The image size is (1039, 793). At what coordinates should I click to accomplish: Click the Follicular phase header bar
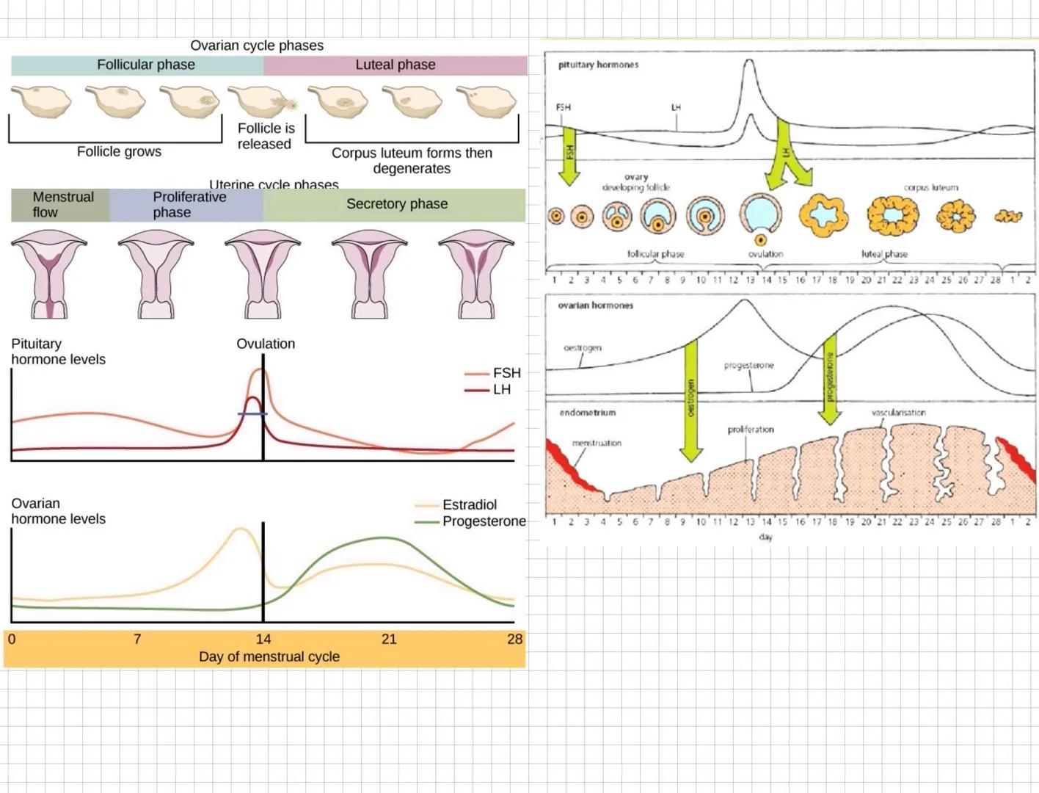pos(145,65)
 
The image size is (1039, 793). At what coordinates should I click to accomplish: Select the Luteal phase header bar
pos(395,65)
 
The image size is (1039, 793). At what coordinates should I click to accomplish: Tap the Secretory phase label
pos(396,204)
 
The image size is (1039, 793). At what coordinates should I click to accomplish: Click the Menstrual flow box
pos(62,205)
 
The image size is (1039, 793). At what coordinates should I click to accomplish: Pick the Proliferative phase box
pos(188,205)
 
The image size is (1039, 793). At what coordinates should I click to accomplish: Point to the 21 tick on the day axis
pos(389,639)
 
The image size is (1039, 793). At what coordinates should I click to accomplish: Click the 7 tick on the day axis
pos(137,639)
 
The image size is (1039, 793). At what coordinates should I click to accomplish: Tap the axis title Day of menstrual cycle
pos(269,656)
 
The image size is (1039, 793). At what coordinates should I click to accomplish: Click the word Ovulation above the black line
pos(266,344)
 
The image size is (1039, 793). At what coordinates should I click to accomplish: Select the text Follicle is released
pos(265,136)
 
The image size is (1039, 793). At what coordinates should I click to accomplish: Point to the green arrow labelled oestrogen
pos(690,400)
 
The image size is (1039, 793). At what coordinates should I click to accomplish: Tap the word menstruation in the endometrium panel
pos(597,443)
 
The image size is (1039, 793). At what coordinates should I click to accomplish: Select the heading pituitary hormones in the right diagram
pos(598,65)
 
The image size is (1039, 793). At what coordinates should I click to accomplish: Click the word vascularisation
pos(898,413)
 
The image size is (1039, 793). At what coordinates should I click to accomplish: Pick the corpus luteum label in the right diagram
pos(930,187)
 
